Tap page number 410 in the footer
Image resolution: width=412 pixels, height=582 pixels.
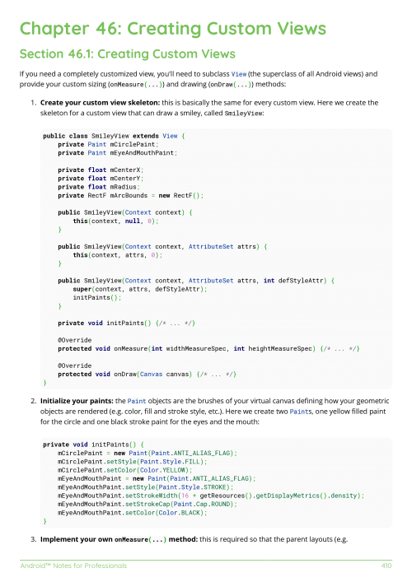tap(386, 566)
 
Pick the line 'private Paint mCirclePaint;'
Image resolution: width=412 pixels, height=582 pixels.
tap(103, 144)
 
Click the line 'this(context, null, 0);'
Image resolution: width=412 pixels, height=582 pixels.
tap(114, 221)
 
